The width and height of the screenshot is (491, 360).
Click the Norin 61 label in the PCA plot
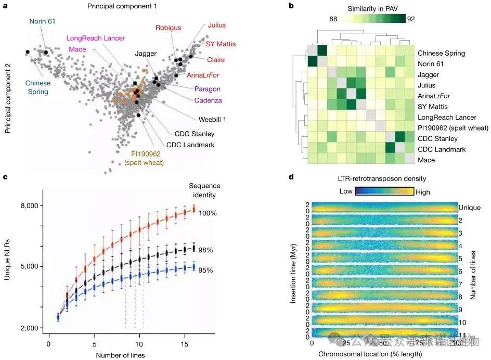[x=42, y=21]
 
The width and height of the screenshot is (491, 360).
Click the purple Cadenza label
[x=208, y=100]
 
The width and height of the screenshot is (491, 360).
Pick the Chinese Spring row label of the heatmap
[x=441, y=53]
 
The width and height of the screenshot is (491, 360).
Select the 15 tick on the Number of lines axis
[x=185, y=344]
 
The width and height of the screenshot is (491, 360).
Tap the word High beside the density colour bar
[x=423, y=192]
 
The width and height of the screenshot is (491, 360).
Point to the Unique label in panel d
[x=469, y=208]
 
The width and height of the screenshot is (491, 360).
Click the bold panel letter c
[x=5, y=177]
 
